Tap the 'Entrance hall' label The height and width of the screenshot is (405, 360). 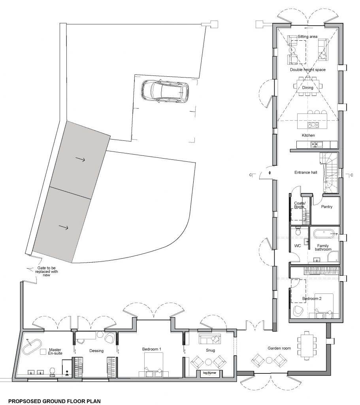(x=305, y=172)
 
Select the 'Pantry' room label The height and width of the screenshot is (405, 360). (x=326, y=206)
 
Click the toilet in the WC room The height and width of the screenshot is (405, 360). (x=298, y=231)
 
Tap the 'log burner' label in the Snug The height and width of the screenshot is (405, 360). (x=209, y=373)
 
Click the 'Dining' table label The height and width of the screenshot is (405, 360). (x=307, y=87)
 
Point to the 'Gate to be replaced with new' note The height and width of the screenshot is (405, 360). (x=47, y=271)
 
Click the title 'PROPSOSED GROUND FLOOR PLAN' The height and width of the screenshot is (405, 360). (x=55, y=401)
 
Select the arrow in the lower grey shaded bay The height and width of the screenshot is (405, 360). (x=63, y=227)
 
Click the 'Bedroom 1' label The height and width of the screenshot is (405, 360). (x=151, y=349)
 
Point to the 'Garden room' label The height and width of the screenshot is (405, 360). (x=279, y=348)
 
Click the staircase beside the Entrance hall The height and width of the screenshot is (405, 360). (x=329, y=172)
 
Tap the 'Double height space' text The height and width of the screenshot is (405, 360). (x=307, y=70)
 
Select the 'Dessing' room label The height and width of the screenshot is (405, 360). (x=96, y=351)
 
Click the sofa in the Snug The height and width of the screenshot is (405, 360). (x=209, y=339)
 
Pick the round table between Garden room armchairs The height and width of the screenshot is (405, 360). (x=270, y=360)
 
